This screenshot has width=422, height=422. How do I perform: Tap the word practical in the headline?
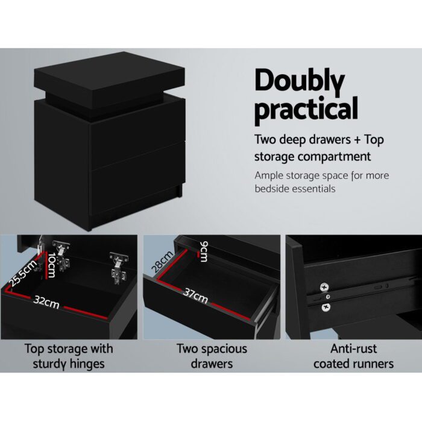tap(306, 111)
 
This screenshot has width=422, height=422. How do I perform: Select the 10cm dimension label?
tap(52, 265)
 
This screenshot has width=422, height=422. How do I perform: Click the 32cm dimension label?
tap(47, 302)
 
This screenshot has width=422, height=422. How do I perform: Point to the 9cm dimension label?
tap(203, 251)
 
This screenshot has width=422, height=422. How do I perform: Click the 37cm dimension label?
tap(195, 297)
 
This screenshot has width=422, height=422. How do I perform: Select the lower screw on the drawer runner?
tap(326, 307)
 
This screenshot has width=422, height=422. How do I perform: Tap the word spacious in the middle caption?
tap(221, 348)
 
